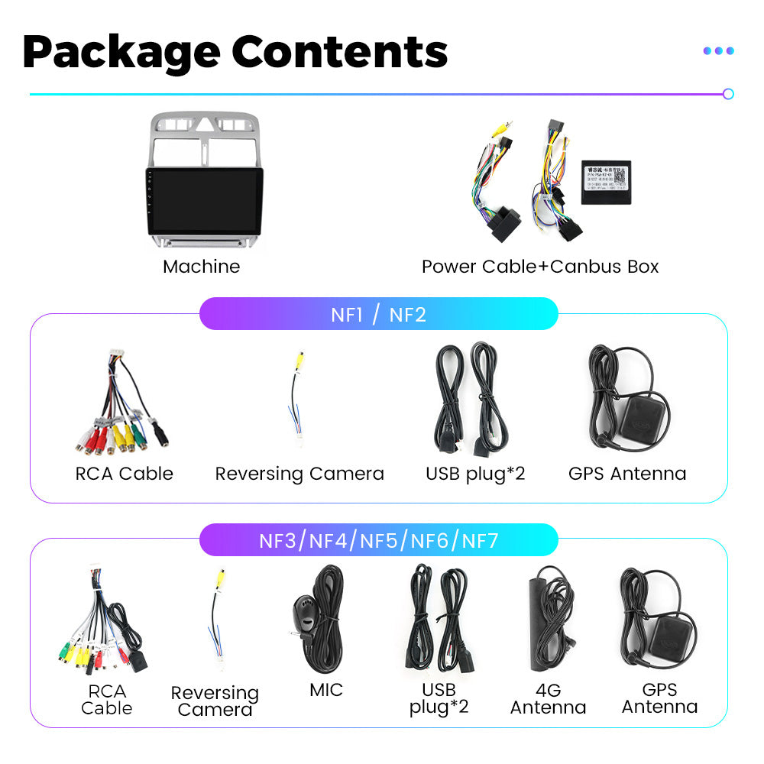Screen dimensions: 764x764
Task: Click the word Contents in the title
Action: tap(339, 51)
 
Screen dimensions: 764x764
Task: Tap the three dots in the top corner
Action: tap(718, 51)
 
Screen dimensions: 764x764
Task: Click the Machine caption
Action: tap(201, 267)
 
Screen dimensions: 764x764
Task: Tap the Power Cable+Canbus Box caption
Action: tap(539, 267)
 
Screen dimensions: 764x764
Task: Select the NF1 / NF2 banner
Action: tap(378, 314)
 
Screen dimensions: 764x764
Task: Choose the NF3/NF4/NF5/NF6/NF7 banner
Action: tap(378, 541)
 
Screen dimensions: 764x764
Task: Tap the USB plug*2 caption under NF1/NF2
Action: tap(475, 474)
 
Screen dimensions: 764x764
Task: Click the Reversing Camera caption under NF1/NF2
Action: tap(299, 474)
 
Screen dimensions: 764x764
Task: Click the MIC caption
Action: tap(326, 690)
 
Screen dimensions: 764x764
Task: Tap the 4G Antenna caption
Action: tap(548, 699)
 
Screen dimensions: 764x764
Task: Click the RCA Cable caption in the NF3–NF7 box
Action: tap(106, 699)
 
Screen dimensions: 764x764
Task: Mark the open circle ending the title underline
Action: tap(728, 94)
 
